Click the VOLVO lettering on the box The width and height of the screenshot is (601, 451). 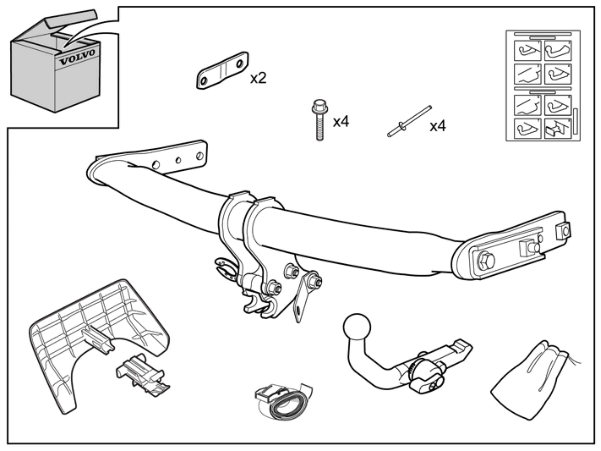[x=77, y=57]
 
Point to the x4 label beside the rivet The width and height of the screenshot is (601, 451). [x=437, y=126]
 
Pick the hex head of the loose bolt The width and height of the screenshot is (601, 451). [x=320, y=106]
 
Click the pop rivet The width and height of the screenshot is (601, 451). [x=409, y=121]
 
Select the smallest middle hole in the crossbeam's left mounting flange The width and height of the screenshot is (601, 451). [x=178, y=160]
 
